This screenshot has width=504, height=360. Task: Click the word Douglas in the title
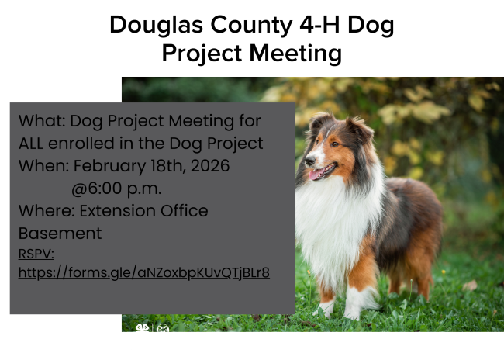coord(156,26)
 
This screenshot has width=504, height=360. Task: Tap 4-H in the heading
coord(319,25)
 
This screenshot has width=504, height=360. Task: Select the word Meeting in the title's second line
coord(295,54)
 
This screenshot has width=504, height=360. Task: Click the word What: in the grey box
coord(42,121)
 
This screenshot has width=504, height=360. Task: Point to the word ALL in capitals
coord(31,144)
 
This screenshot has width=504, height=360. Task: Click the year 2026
coord(210,166)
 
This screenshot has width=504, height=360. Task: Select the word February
coord(109,167)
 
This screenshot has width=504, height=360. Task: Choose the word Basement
coord(60,234)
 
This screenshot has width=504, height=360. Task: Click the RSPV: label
coord(36,254)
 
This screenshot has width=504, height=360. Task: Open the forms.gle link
coord(144,273)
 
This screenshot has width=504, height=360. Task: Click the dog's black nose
coord(309,161)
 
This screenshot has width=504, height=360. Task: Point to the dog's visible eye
coord(335,144)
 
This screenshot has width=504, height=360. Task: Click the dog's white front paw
coord(352,313)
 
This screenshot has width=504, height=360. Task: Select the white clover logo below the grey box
coord(142,328)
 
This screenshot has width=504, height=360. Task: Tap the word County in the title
coord(251,26)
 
